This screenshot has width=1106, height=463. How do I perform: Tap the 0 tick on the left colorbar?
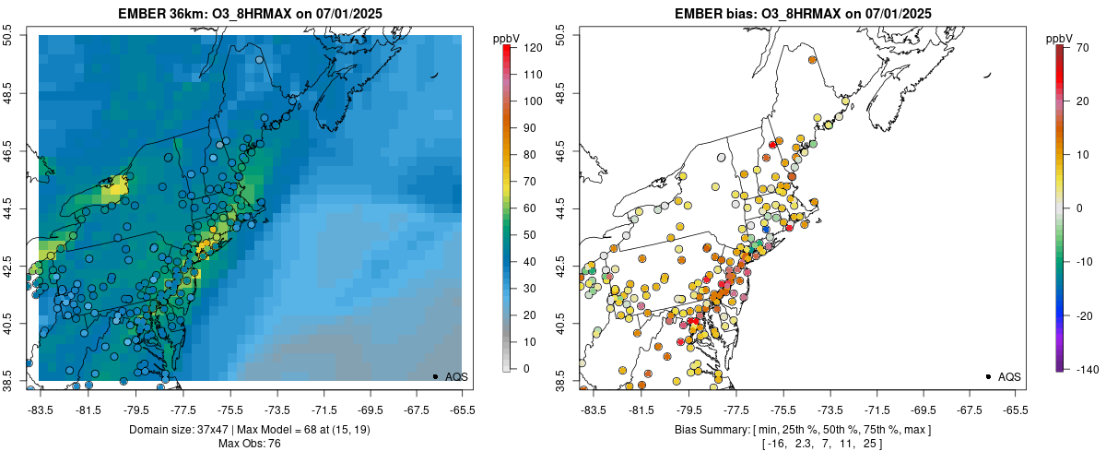tap(525, 369)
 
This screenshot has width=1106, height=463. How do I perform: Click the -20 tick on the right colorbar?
tap(1082, 315)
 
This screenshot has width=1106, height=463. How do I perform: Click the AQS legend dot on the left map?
tap(434, 376)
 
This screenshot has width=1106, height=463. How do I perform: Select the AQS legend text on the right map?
tap(1009, 376)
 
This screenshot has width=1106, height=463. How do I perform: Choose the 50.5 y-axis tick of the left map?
tap(9, 35)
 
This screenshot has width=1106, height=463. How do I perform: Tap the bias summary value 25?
tap(868, 445)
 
